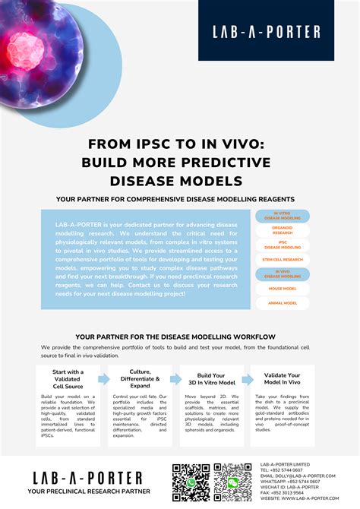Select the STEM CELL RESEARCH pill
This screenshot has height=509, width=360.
(283, 260)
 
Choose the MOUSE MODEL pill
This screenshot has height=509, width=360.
(283, 288)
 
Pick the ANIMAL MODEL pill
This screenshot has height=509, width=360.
(283, 302)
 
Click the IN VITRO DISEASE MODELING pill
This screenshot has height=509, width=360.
(283, 217)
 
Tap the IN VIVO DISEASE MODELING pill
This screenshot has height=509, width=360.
(283, 273)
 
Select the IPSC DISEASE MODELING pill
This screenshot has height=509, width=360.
(283, 245)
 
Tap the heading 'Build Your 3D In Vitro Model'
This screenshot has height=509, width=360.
(210, 380)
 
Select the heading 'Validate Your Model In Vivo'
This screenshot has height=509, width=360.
(283, 380)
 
